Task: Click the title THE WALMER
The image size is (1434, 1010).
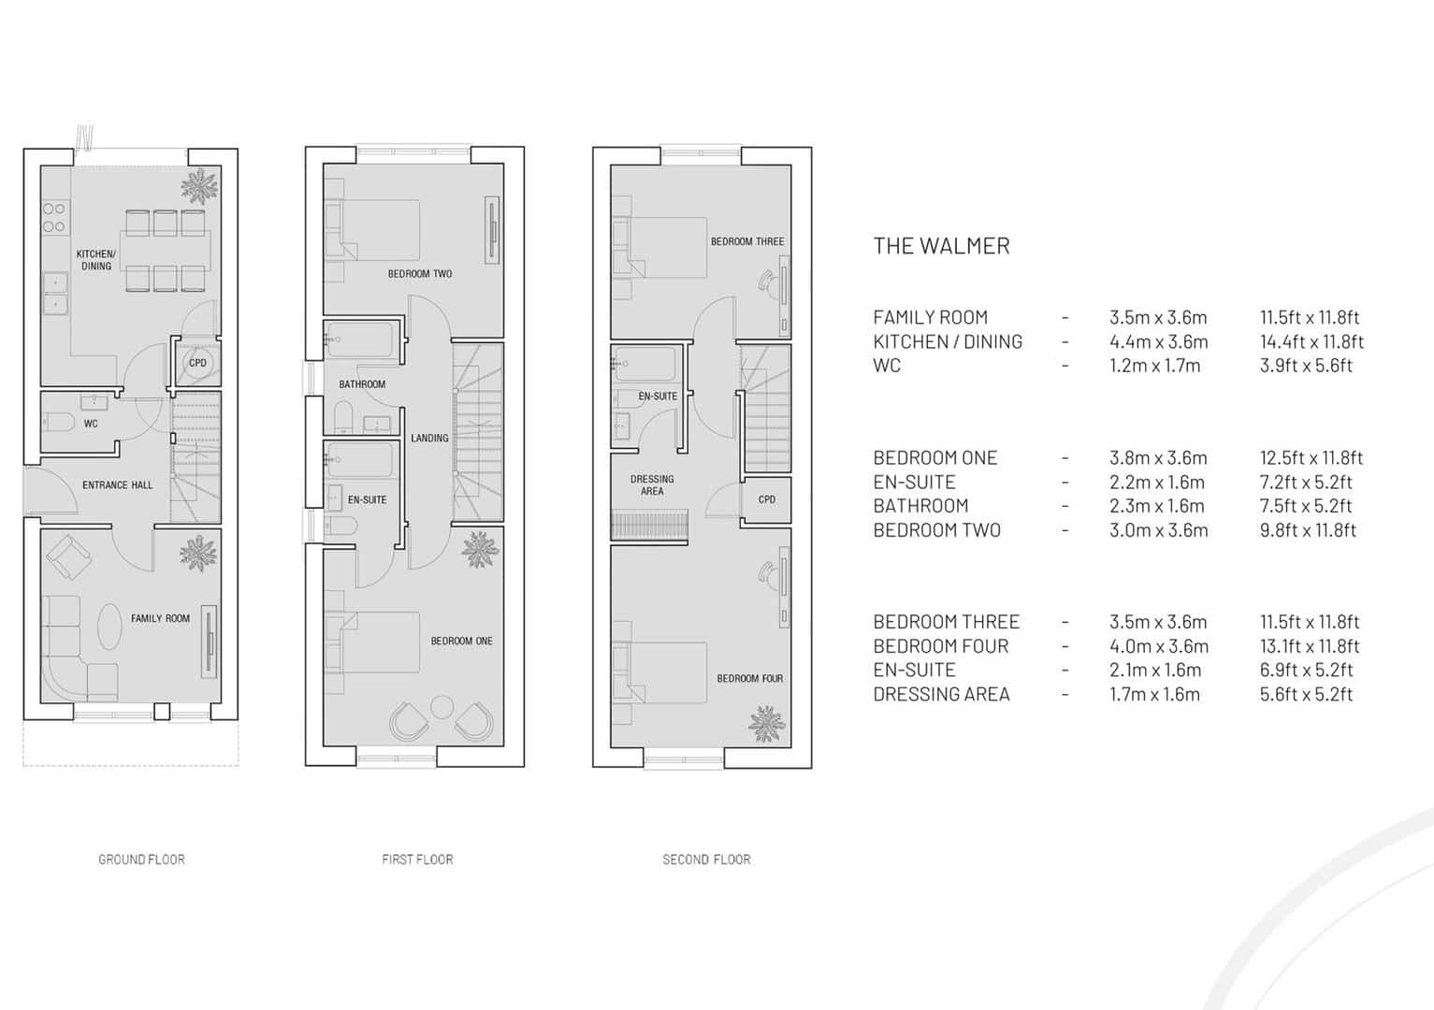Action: click(x=941, y=246)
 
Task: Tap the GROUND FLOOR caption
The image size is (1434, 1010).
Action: click(x=141, y=859)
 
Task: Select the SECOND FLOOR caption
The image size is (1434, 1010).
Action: click(x=706, y=859)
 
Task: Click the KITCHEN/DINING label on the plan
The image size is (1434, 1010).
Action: click(x=96, y=260)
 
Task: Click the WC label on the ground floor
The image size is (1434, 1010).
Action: click(x=91, y=424)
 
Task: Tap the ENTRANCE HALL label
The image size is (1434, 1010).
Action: click(x=118, y=485)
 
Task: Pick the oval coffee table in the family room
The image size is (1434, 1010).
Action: click(x=109, y=627)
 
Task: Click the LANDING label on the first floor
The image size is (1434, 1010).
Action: click(x=429, y=439)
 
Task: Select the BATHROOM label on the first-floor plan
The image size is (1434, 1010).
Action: click(x=362, y=384)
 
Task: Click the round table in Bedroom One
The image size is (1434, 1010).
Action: click(x=442, y=707)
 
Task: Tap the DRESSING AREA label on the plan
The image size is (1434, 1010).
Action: click(x=652, y=485)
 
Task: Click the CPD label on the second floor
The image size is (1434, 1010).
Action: click(x=767, y=499)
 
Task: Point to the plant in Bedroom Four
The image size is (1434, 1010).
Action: click(x=766, y=724)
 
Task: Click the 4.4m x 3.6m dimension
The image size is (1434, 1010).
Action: click(x=1159, y=341)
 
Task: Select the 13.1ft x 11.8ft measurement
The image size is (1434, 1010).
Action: click(x=1310, y=646)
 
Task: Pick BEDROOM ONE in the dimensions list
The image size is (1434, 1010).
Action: click(x=935, y=458)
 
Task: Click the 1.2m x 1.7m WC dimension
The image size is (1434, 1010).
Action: click(x=1155, y=366)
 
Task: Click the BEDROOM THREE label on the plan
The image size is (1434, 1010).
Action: click(x=747, y=242)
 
